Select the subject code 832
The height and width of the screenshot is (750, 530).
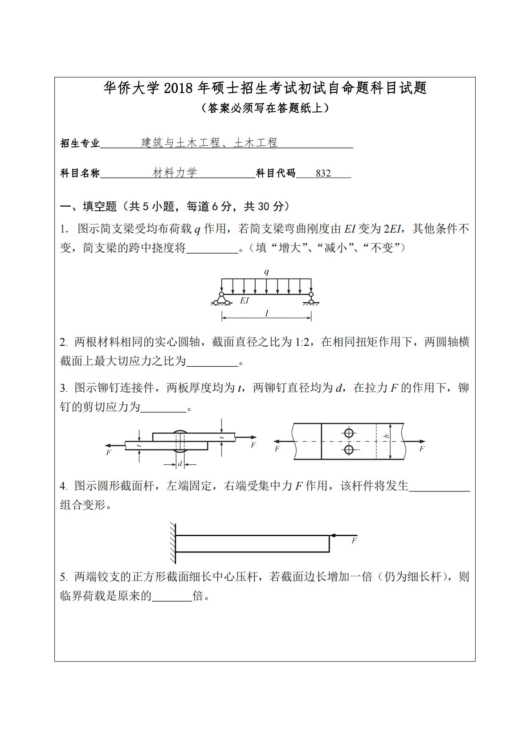tap(323, 173)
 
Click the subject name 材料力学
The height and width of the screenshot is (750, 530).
tap(175, 173)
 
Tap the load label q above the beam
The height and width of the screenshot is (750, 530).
tap(266, 271)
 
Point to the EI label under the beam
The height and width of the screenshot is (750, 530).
tap(244, 300)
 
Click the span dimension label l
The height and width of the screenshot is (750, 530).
tap(266, 313)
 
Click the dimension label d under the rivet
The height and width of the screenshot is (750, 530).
tap(180, 464)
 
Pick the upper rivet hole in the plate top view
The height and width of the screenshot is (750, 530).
tap(349, 433)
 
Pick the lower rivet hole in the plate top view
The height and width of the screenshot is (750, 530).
tap(349, 450)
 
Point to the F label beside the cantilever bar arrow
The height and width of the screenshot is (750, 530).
tap(355, 541)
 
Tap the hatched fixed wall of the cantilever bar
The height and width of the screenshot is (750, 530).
tap(172, 543)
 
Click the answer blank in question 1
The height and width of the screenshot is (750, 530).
tap(212, 248)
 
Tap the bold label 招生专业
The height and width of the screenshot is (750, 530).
tap(80, 143)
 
